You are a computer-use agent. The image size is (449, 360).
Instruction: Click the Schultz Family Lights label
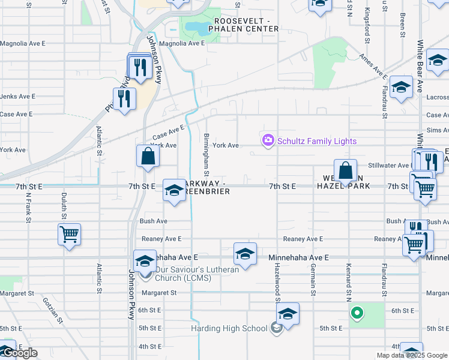pyautogui.click(x=317, y=141)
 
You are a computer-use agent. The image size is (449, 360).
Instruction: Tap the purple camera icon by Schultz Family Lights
pyautogui.click(x=268, y=140)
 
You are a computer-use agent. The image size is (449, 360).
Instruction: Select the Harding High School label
pyautogui.click(x=229, y=328)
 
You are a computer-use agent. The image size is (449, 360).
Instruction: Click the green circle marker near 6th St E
pyautogui.click(x=357, y=313)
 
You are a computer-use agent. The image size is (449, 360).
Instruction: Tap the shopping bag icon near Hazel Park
pyautogui.click(x=346, y=170)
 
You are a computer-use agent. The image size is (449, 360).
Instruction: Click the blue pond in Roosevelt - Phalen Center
pyautogui.click(x=194, y=26)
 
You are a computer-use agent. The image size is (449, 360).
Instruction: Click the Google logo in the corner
pyautogui.click(x=19, y=353)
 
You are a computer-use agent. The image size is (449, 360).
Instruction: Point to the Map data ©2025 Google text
pyautogui.click(x=412, y=355)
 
